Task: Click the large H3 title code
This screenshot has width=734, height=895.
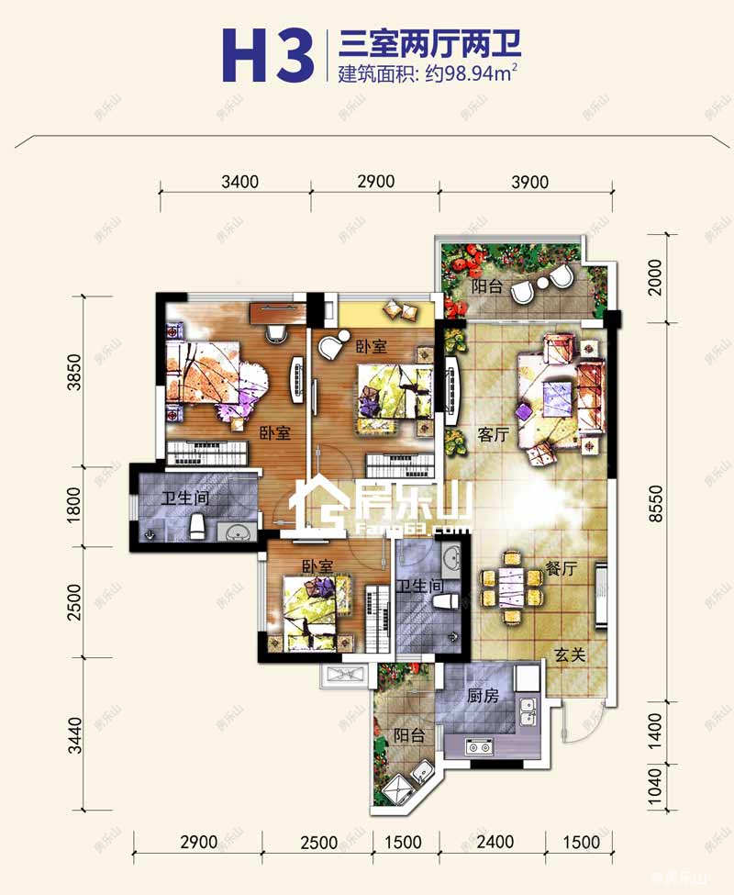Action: [x=268, y=55]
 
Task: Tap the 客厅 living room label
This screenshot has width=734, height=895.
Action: [x=493, y=434]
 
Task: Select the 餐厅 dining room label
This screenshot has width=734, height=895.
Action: [x=562, y=568]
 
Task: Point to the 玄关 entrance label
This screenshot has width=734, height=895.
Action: [x=570, y=654]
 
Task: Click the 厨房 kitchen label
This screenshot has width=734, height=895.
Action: [x=483, y=695]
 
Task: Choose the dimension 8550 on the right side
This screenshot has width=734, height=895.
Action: [x=656, y=503]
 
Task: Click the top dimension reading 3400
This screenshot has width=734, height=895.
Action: [x=239, y=182]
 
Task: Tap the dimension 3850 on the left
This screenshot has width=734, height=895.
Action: [x=74, y=372]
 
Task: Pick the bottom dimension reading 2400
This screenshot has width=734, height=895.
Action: [x=495, y=842]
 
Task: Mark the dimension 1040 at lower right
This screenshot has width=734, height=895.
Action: [x=656, y=786]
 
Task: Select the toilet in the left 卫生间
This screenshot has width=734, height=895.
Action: [x=196, y=526]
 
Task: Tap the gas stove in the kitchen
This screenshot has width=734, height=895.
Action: [x=479, y=747]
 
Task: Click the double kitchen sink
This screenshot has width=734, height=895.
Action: [x=528, y=711]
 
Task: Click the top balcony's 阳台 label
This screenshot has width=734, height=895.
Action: [x=486, y=286]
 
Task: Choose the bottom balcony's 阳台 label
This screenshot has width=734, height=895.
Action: [x=409, y=734]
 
